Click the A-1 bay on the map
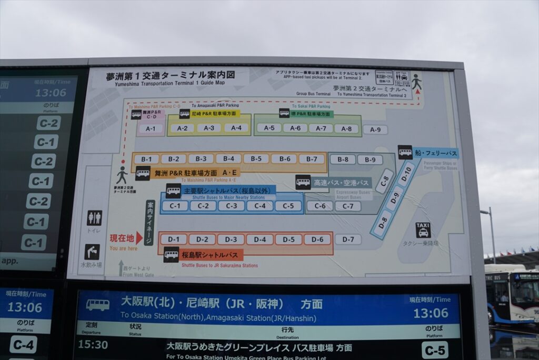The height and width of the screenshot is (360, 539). click(151, 128)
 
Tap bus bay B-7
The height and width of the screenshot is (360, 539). click(312, 159)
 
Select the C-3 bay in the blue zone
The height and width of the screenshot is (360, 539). click(231, 206)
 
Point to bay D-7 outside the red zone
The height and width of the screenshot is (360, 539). click(348, 239)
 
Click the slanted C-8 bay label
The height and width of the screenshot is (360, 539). click(385, 182)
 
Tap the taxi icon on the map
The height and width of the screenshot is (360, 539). click(423, 230)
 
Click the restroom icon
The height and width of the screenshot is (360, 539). click(94, 218)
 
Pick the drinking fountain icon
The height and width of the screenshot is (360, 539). click(92, 252)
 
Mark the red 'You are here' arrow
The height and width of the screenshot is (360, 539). click(139, 238)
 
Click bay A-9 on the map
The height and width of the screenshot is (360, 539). click(375, 129)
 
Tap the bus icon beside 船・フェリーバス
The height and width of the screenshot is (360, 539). click(405, 152)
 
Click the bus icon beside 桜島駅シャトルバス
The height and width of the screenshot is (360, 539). click(171, 255)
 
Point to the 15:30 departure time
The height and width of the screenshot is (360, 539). click(93, 345)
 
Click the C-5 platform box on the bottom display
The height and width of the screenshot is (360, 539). click(435, 349)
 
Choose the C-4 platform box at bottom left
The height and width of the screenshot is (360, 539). click(23, 344)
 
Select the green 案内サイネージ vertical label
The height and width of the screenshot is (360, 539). click(150, 223)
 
